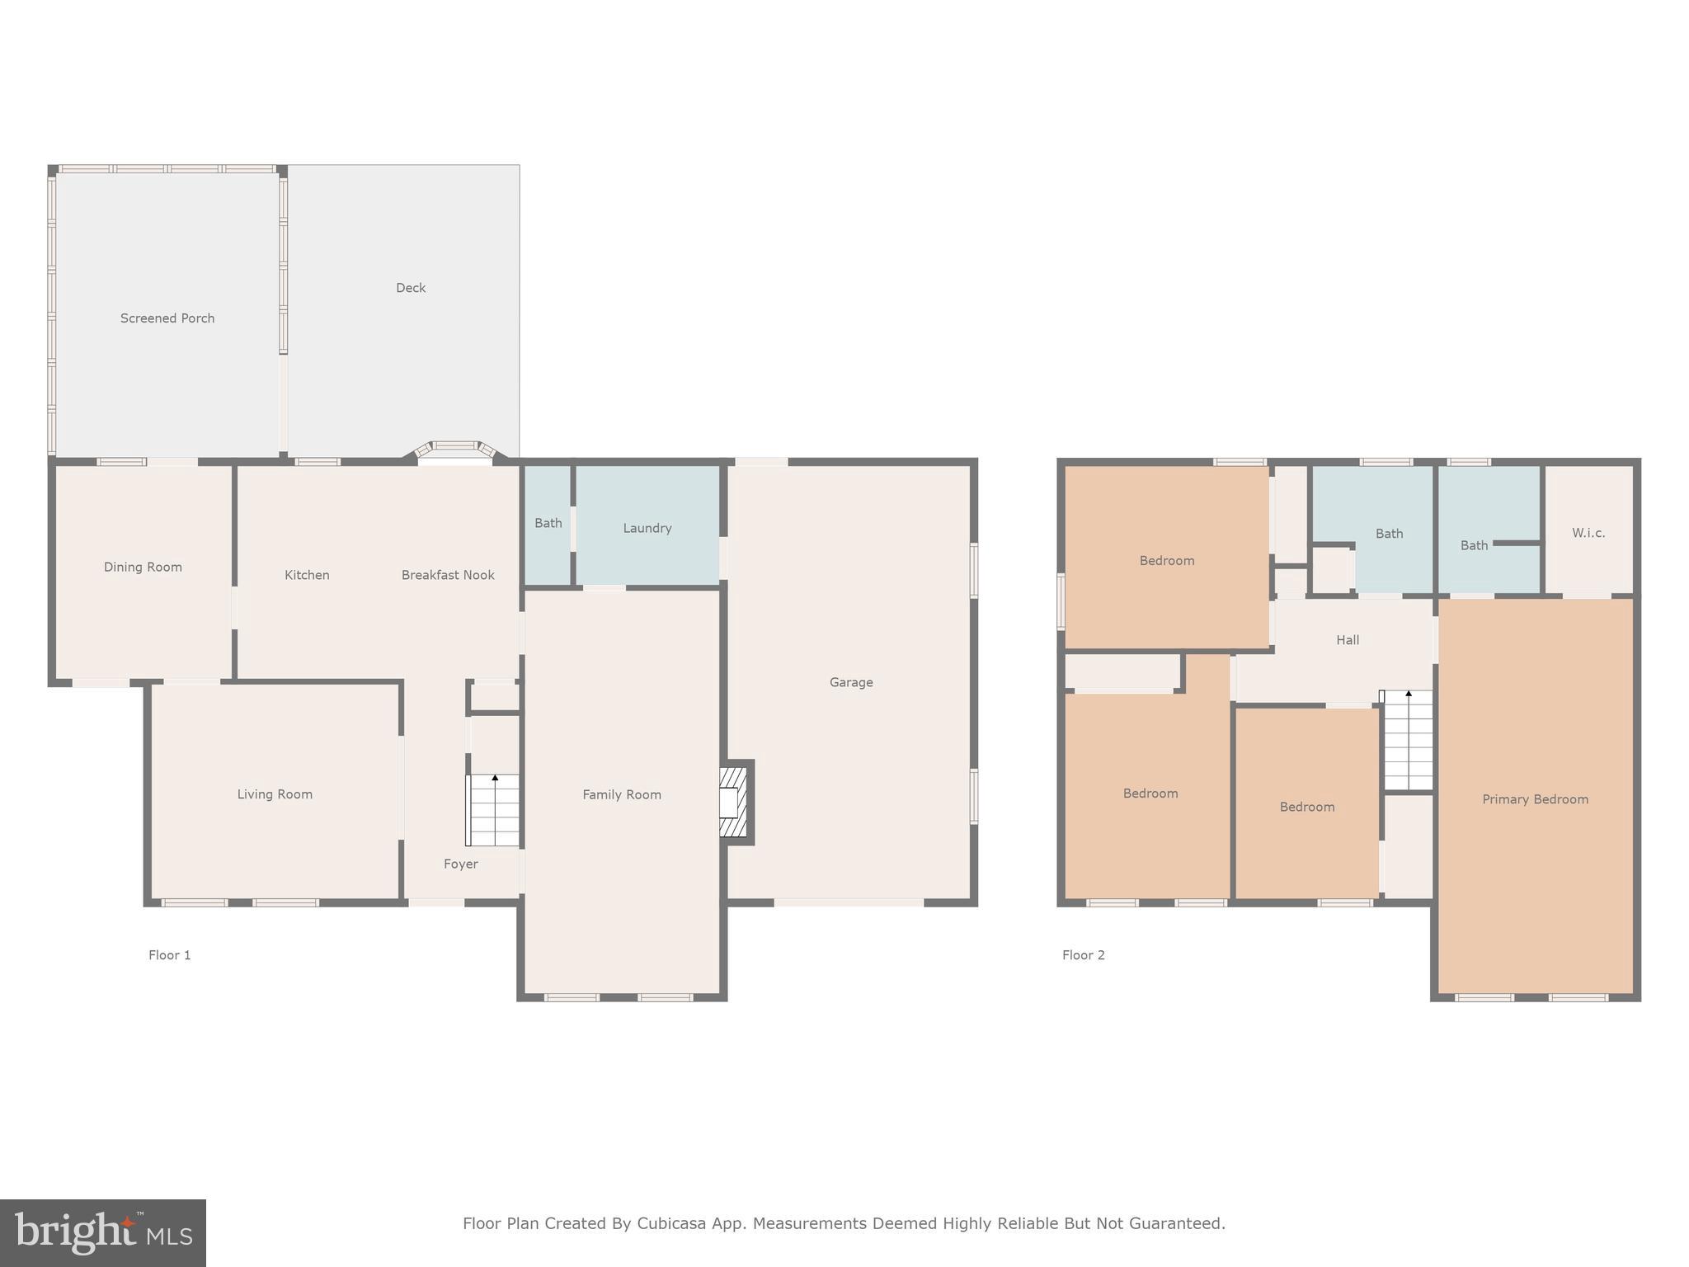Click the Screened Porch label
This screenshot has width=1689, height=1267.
click(x=167, y=318)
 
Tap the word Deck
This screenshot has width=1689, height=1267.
click(x=411, y=288)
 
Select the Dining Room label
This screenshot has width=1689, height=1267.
click(x=143, y=567)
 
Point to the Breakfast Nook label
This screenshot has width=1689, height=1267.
click(x=448, y=575)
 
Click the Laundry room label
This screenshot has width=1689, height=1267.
click(x=647, y=528)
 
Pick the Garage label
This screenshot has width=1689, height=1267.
click(x=851, y=682)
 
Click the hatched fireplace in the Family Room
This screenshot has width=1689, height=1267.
click(x=733, y=802)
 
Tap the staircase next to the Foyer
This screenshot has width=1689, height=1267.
click(x=493, y=810)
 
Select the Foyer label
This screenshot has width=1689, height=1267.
click(x=460, y=864)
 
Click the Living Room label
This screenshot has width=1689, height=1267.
click(x=275, y=794)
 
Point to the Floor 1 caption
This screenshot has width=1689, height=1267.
click(x=170, y=955)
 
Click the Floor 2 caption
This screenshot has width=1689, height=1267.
click(x=1084, y=955)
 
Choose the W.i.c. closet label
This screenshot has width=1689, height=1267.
click(x=1588, y=533)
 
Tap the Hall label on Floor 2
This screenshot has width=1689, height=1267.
click(x=1348, y=640)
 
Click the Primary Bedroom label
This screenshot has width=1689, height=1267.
click(x=1535, y=799)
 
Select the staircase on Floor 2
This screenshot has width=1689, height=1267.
click(x=1408, y=741)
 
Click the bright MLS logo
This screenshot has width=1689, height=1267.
click(x=103, y=1233)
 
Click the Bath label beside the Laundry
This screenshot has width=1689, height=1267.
click(x=548, y=523)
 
